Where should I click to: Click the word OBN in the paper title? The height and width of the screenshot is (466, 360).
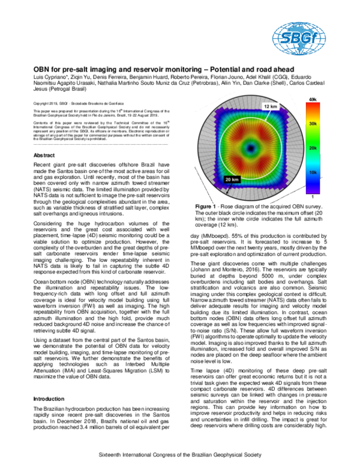tap(43, 70)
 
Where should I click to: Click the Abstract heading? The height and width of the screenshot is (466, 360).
tap(45, 155)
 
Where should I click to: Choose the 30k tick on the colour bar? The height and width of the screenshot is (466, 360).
tap(312, 123)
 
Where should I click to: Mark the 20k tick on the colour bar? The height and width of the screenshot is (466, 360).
tap(312, 147)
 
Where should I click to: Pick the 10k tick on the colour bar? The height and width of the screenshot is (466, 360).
tap(312, 172)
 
